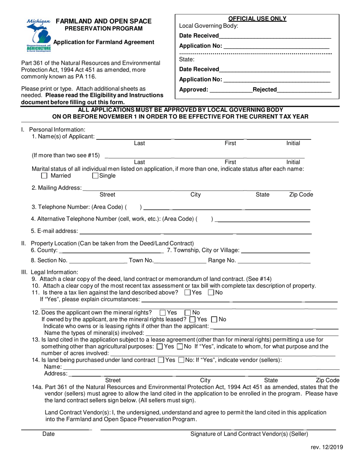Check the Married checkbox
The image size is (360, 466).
tap(44, 176)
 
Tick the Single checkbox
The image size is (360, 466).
tap(95, 176)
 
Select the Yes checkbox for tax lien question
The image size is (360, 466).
tap(187, 292)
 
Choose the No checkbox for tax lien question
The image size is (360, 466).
tap(211, 292)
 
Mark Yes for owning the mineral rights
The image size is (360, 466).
tap(163, 313)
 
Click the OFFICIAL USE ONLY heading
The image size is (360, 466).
tap(257, 19)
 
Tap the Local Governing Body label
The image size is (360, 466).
tap(208, 26)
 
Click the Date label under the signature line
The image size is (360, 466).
tap(49, 434)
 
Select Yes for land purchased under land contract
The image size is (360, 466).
tap(161, 360)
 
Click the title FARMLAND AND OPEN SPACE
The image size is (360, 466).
tap(103, 22)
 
